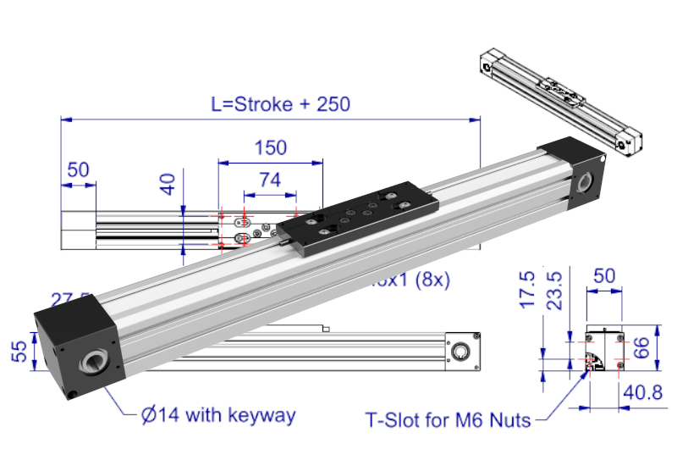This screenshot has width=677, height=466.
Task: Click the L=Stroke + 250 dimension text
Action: coord(280,104)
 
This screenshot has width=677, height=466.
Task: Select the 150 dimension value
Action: coord(270,147)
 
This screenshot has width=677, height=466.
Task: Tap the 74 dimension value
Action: coord(269,180)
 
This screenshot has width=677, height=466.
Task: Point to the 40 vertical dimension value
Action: coord(168,184)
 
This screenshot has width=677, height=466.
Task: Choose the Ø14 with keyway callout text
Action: coord(218,415)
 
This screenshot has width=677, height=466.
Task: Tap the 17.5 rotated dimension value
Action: coord(527,290)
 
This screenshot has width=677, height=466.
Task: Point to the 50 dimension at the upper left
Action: coord(78,169)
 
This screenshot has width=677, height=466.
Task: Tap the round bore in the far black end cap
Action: coord(586,182)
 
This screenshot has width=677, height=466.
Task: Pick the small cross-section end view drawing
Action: coord(604,350)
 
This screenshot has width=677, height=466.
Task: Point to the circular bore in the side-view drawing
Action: coord(462,350)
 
